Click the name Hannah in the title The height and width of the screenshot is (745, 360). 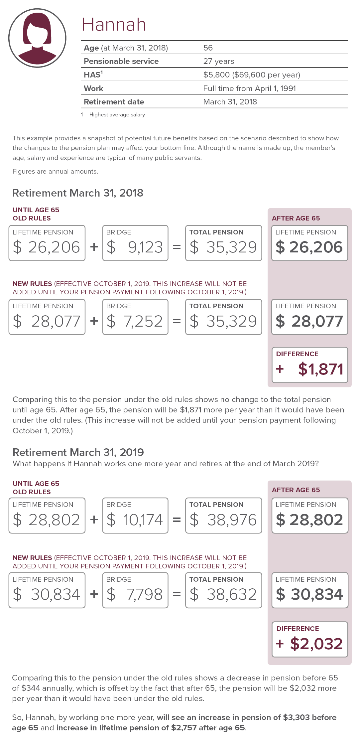[x=114, y=25]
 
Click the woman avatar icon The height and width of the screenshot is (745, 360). [x=37, y=38]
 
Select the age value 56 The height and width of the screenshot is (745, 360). [x=208, y=48]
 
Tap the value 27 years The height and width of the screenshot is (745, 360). [x=219, y=61]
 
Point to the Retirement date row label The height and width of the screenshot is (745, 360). [x=114, y=102]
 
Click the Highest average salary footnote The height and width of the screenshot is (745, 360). [x=117, y=114]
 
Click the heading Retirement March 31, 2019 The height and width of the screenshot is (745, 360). [x=78, y=452]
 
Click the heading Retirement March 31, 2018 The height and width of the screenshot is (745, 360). [x=78, y=193]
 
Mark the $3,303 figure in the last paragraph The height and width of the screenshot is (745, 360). [x=296, y=717]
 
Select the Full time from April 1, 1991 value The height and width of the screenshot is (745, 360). [x=249, y=88]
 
